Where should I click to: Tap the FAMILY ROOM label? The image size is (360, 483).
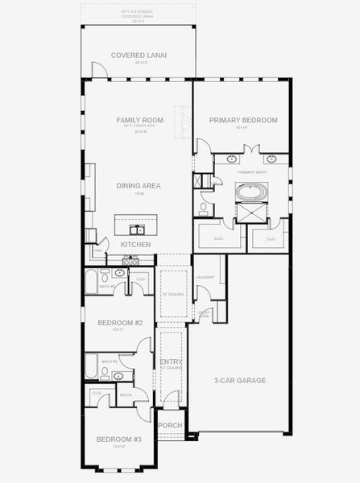coord(139,120)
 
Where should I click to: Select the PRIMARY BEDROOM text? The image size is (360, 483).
coord(243,120)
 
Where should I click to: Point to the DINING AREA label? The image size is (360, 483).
coord(139,185)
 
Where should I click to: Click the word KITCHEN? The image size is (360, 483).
coord(135,243)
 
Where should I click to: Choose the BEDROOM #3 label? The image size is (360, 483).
coord(119,439)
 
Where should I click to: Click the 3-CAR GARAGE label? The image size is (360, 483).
coord(240,380)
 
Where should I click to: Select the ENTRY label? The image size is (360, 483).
coord(171,362)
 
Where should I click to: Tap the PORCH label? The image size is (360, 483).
coord(171,425)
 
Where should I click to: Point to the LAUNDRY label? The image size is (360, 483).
coord(205,278)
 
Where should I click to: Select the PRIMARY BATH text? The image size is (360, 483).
coord(251,171)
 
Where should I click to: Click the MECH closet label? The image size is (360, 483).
coord(126,394)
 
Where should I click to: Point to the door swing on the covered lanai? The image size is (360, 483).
coord(98,71)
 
